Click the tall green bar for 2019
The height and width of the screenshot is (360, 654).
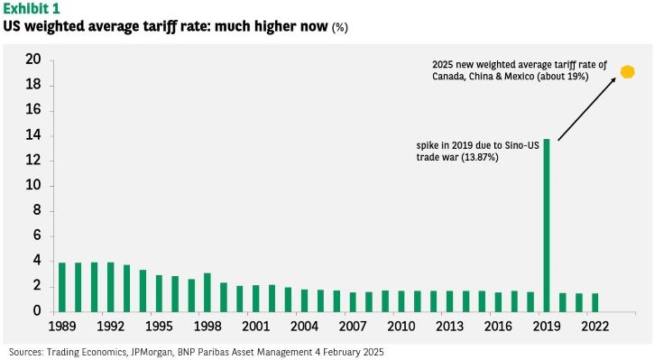click(x=547, y=226)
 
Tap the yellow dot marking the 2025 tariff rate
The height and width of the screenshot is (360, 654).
click(x=627, y=72)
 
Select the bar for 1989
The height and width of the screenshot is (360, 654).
click(x=61, y=288)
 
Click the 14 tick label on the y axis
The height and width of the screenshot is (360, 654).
click(x=33, y=135)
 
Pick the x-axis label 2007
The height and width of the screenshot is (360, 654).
click(x=353, y=327)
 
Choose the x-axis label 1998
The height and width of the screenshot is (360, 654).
click(x=207, y=327)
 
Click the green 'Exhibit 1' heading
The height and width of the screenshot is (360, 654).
click(x=32, y=8)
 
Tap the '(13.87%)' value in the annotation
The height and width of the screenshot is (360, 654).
click(x=480, y=157)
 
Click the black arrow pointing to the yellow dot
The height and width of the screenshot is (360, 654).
click(x=587, y=109)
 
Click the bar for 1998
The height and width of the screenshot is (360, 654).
click(x=207, y=292)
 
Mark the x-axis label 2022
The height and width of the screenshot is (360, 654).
click(x=595, y=327)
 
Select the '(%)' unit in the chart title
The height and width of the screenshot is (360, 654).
click(x=339, y=28)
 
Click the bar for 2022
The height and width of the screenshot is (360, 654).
click(x=594, y=302)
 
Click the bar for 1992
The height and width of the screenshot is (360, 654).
click(x=111, y=288)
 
